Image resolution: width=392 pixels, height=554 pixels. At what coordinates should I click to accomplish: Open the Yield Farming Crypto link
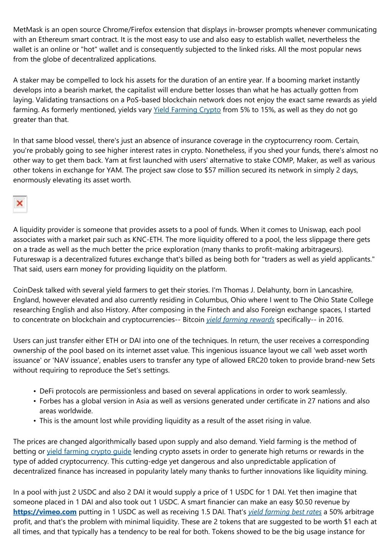tap(187, 110)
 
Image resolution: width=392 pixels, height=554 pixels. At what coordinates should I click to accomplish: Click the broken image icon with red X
tap(20, 203)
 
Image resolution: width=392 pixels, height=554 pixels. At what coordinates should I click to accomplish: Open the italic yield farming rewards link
tap(240, 320)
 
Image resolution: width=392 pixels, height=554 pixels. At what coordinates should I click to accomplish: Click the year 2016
tap(335, 320)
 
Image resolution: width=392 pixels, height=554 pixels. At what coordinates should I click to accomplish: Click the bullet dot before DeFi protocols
tap(35, 392)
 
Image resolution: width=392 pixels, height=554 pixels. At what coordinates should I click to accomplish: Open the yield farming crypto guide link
tap(89, 452)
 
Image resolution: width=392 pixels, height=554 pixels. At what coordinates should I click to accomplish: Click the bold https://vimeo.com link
tap(45, 512)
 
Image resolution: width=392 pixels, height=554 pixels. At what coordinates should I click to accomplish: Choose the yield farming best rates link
tap(285, 512)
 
